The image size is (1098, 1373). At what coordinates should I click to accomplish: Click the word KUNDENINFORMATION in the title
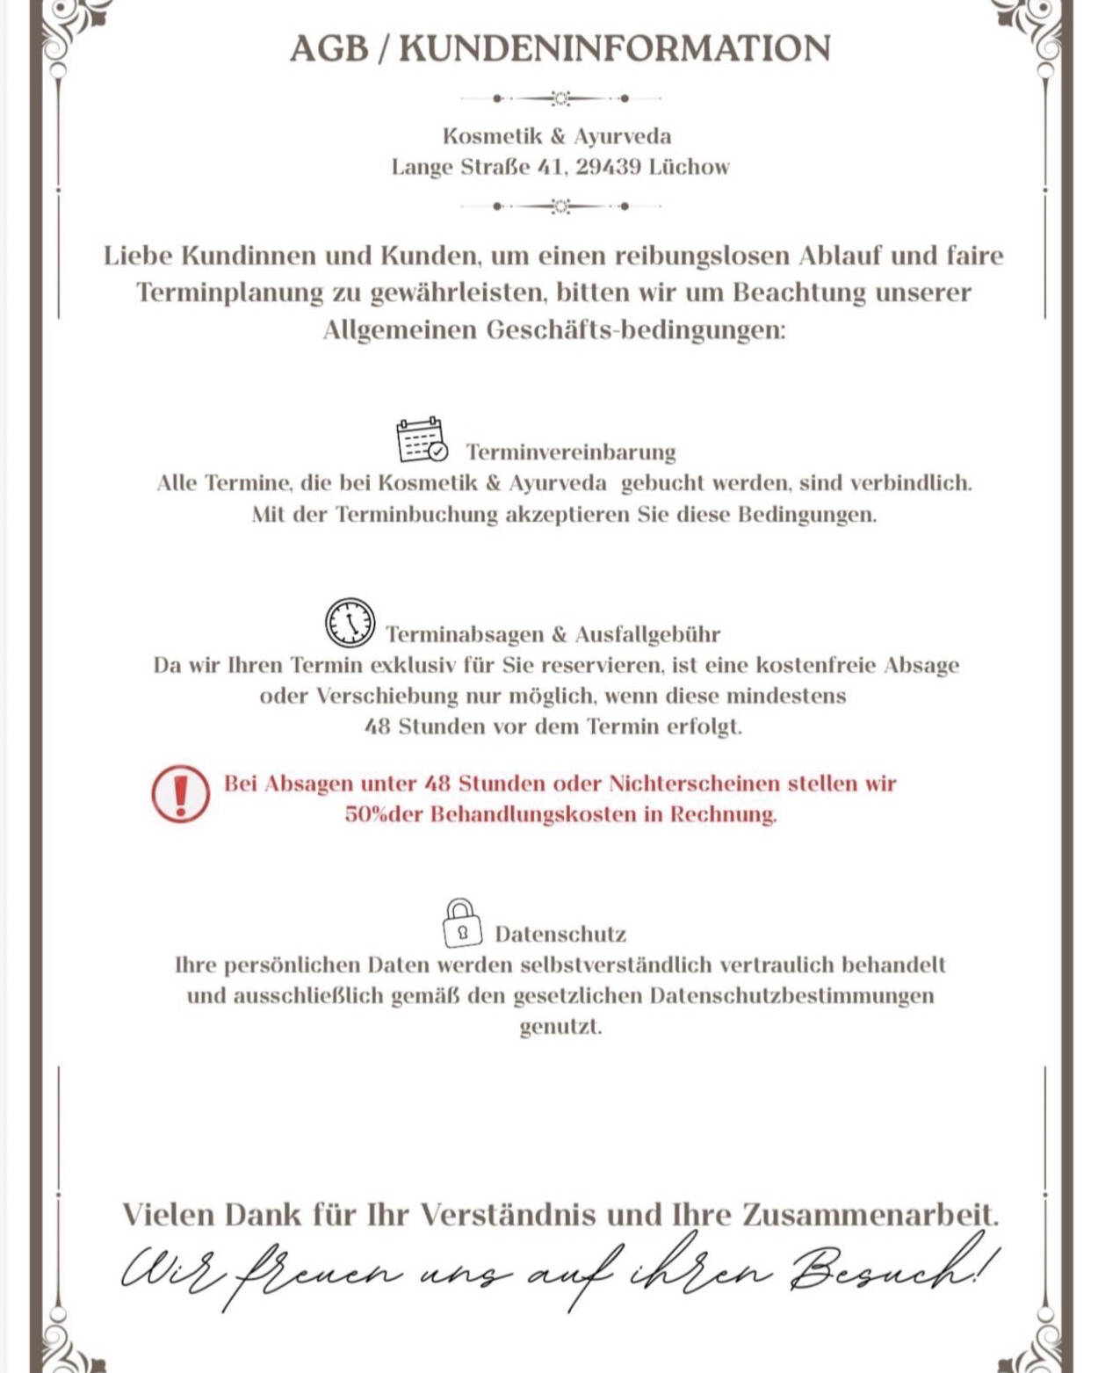[614, 48]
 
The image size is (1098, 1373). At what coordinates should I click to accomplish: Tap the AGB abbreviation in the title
[329, 48]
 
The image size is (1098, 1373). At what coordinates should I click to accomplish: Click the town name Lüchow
[689, 167]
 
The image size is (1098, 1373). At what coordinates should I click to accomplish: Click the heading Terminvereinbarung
[571, 452]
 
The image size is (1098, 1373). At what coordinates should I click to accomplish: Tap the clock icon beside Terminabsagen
[350, 623]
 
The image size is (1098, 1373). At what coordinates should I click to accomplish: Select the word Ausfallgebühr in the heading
[647, 634]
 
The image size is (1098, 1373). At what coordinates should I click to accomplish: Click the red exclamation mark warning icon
[180, 793]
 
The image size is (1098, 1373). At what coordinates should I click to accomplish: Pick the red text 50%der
[384, 814]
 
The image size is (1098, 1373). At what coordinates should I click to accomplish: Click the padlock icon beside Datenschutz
[462, 923]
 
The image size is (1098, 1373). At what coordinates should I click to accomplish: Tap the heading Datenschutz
[560, 934]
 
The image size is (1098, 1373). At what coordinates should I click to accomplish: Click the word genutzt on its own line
[560, 1027]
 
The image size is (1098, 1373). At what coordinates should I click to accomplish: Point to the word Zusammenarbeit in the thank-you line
[870, 1215]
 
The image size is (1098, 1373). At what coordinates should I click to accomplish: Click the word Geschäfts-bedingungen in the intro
[635, 330]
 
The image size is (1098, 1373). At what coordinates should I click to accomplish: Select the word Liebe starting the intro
[138, 256]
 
